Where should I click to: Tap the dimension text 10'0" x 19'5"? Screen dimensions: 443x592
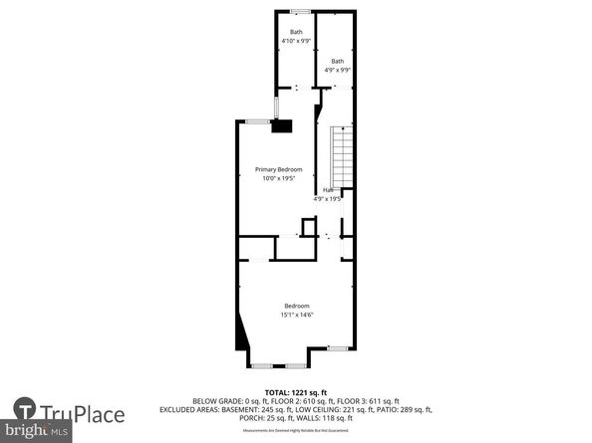point(278,179)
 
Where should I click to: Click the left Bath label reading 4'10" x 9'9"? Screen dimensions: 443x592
point(295,41)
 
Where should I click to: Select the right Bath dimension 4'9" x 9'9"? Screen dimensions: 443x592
point(338,70)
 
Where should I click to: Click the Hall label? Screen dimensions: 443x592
point(327,189)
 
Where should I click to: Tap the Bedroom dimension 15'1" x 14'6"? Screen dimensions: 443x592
point(296,316)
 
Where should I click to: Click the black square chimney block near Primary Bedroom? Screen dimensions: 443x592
point(284,125)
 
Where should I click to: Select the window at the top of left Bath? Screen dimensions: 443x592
point(298,11)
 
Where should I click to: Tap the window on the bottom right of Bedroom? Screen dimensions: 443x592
point(338,347)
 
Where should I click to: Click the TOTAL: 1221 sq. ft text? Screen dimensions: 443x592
point(296,393)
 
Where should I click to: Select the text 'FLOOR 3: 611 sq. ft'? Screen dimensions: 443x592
point(362,401)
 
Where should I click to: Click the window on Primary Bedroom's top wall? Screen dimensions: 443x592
point(257,121)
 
